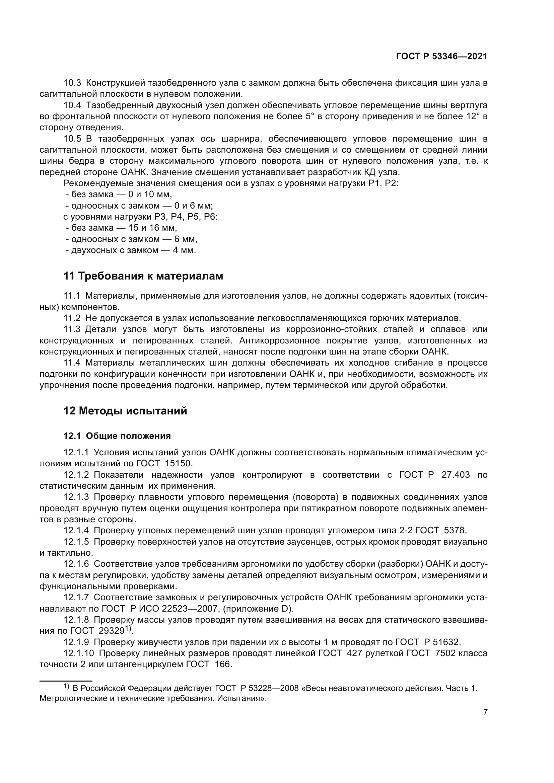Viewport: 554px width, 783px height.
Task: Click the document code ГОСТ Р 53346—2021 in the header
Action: point(441,57)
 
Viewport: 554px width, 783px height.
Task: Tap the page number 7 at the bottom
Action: point(485,712)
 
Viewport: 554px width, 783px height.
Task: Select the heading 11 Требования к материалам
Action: point(143,276)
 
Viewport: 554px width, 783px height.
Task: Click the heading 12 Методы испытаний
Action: point(125,411)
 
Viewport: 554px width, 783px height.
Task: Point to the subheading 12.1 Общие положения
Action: point(117,436)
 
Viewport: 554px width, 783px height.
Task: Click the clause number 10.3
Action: point(72,83)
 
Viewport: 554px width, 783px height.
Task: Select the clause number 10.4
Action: point(72,105)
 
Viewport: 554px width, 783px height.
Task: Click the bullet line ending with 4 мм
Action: point(131,250)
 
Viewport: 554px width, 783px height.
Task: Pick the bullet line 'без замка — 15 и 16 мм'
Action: point(122,228)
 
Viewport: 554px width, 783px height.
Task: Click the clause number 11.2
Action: point(72,318)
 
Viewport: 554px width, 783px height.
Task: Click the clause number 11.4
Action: point(72,363)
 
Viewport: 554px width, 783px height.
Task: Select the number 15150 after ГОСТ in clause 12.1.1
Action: point(179,463)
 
